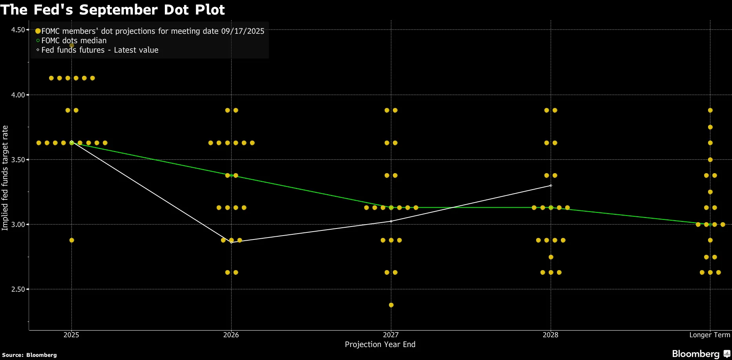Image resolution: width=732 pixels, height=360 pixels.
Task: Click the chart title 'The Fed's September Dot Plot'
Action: (113, 10)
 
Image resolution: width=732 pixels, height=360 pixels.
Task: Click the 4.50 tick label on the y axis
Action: (18, 30)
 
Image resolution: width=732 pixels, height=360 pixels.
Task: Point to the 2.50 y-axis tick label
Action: (18, 289)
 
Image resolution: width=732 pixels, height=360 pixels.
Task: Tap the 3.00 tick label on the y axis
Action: (18, 225)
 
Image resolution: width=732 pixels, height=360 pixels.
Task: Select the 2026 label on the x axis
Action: (231, 335)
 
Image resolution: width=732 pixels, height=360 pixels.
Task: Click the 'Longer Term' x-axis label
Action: (710, 335)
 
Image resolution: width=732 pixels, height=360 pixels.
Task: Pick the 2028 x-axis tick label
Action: (550, 335)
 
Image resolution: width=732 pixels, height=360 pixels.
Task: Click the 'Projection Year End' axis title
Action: (380, 344)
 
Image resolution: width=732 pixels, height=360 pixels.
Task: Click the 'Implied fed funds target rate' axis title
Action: (5, 178)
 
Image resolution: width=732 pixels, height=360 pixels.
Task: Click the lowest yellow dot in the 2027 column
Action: (391, 305)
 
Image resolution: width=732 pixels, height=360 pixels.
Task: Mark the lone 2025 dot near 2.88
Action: (71, 240)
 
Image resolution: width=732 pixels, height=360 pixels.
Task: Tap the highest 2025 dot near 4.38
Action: (71, 46)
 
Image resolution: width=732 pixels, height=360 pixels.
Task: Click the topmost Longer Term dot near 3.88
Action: (710, 110)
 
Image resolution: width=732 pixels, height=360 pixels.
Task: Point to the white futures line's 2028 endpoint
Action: (551, 186)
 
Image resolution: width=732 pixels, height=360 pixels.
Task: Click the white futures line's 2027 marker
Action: (391, 221)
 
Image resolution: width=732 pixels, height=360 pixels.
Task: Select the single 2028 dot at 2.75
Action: (551, 257)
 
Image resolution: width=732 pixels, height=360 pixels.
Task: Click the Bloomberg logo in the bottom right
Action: (701, 354)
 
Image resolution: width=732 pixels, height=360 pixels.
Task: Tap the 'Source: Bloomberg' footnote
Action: (29, 355)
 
